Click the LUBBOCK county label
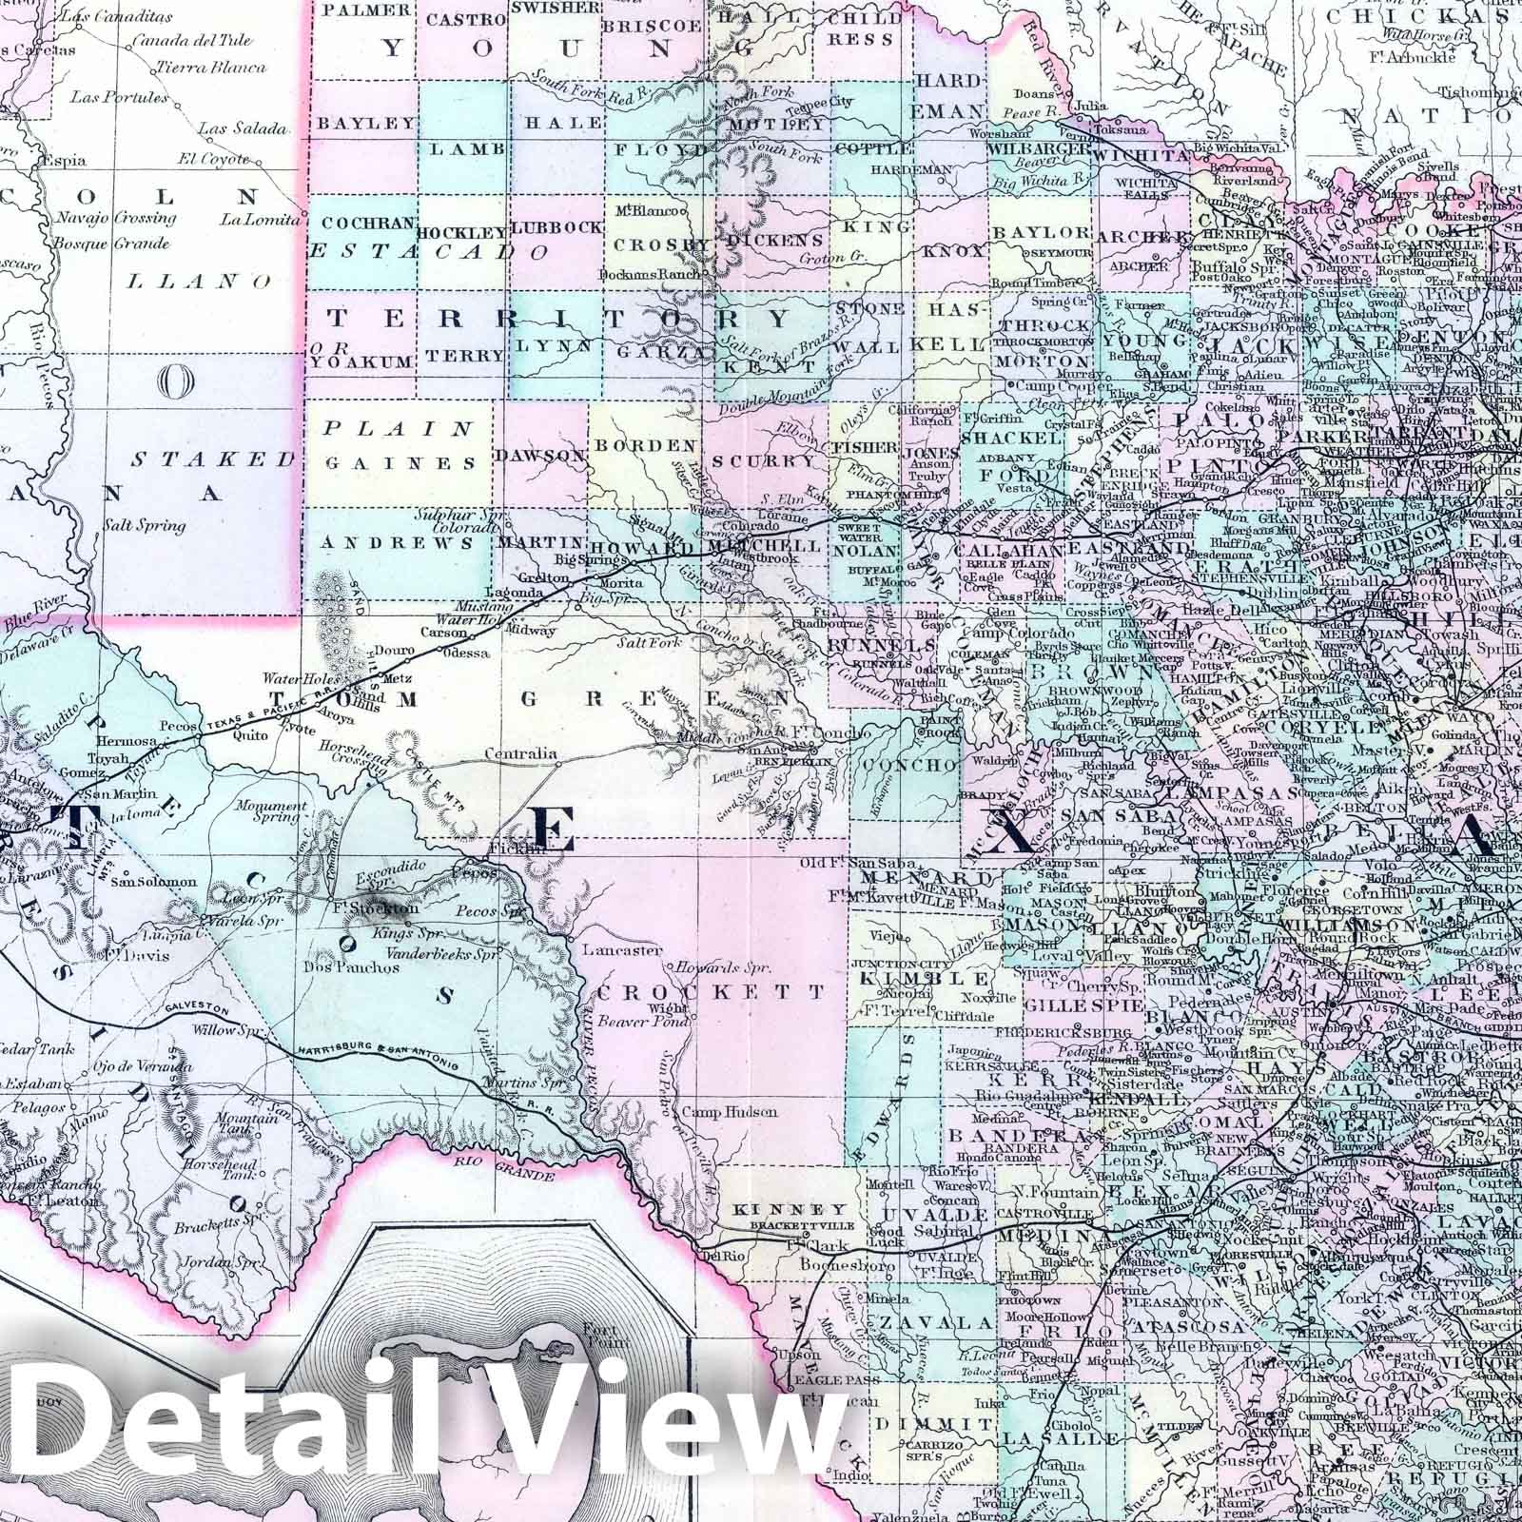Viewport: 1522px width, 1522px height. [556, 228]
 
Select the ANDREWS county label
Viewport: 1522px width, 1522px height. [399, 544]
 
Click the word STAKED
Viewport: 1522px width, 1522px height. [213, 459]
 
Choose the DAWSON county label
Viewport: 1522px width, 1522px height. [545, 457]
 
